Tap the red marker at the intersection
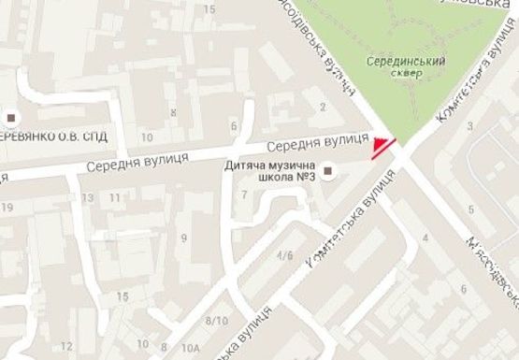[382, 148]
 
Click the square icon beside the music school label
[328, 170]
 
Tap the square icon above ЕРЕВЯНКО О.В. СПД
[11, 118]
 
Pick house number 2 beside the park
[323, 108]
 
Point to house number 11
[113, 198]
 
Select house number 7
[244, 194]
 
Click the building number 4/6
[284, 254]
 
